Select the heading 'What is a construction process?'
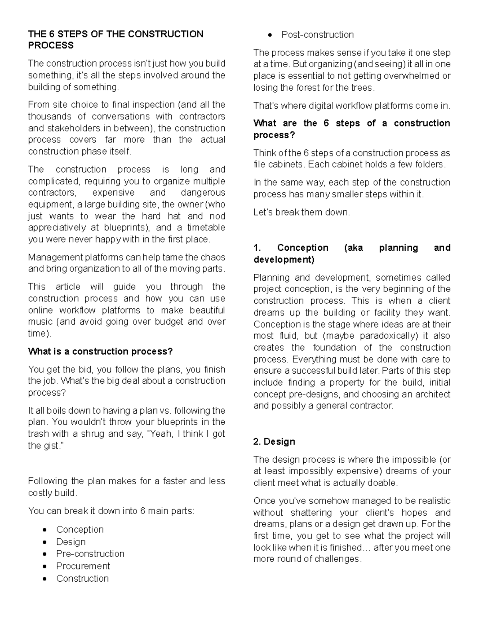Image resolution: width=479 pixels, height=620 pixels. pos(100,351)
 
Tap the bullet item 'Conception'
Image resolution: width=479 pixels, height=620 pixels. pos(80,529)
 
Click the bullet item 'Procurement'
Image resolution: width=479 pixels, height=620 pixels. pos(83,566)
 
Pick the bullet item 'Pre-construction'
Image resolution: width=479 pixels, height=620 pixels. pos(90,554)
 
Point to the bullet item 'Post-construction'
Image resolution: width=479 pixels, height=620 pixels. pos(317,35)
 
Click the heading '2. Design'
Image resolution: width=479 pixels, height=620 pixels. pos(274,442)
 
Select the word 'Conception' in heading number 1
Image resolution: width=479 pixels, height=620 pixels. pos(303,248)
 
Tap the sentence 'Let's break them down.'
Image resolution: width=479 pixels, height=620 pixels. pos(301,212)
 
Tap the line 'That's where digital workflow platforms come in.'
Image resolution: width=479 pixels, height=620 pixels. pos(351,106)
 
